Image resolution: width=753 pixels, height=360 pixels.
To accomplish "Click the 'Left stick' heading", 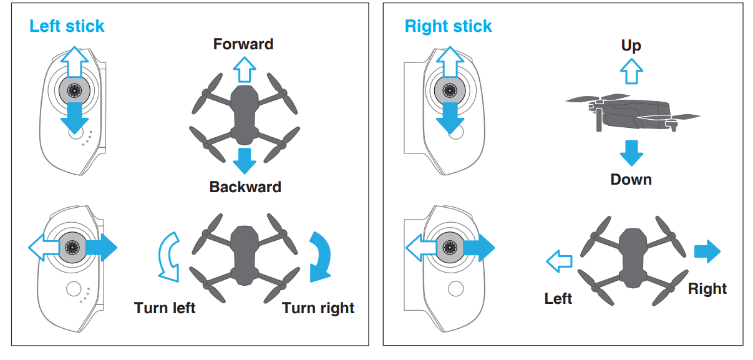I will click(67, 26).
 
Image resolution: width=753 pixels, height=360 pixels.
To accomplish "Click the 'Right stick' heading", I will click(448, 26).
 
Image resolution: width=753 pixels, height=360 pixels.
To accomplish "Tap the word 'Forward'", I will click(243, 44).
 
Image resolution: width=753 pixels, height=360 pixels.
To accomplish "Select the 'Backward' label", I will click(245, 187).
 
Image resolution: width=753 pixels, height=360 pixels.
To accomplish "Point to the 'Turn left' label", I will click(165, 308).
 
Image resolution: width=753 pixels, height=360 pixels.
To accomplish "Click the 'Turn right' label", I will click(318, 308).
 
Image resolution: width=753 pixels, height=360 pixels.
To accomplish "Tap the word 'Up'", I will click(631, 46).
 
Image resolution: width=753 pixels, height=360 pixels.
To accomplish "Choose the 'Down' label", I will click(631, 180).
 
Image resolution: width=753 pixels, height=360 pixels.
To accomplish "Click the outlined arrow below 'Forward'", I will click(244, 69).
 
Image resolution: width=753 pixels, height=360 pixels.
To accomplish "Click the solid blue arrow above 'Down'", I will click(631, 153).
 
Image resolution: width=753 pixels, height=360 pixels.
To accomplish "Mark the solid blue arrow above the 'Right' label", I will click(707, 251).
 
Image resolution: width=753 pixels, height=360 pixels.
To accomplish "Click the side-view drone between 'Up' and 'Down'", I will click(631, 112).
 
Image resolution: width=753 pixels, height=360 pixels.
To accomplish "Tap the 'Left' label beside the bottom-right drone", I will click(558, 299).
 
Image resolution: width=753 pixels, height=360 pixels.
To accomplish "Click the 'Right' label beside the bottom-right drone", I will click(707, 289).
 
